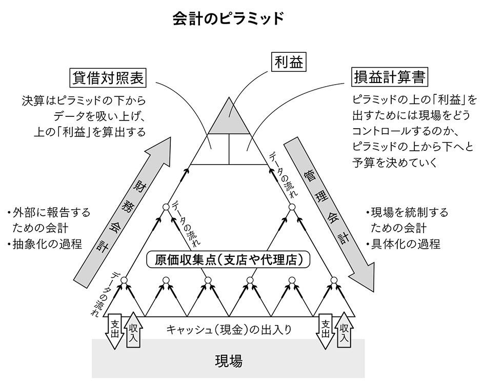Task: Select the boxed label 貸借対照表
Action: pos(108,78)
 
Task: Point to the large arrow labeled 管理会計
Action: pos(330,210)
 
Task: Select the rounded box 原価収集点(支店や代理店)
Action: pos(229,260)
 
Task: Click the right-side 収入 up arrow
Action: pos(344,332)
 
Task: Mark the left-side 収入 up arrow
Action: pos(132,329)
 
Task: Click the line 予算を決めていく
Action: pos(394,163)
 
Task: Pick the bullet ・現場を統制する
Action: pos(407,212)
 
